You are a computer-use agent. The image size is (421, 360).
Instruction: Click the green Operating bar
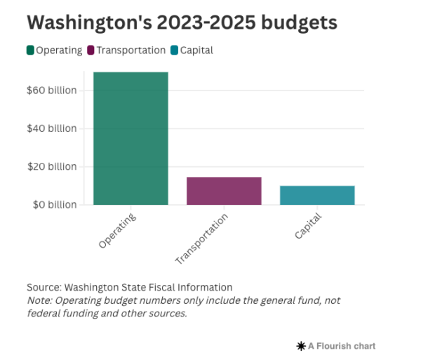[x=131, y=138]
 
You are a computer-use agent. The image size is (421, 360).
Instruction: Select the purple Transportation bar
[x=224, y=191]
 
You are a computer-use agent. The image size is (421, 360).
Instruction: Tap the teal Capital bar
[x=317, y=195]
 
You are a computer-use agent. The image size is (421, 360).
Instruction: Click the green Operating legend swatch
[x=30, y=50]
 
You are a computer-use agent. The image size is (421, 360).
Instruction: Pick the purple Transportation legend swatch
[x=91, y=50]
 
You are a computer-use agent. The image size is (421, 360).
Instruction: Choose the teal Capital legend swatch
[x=173, y=50]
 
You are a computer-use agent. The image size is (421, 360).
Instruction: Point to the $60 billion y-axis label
[x=53, y=91]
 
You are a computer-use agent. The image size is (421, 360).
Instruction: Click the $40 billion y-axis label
[x=53, y=128]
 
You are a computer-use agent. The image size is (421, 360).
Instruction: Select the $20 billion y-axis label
[x=53, y=166]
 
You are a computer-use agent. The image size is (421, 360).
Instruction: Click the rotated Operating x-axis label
[x=117, y=229]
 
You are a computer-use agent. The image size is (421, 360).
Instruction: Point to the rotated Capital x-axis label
[x=308, y=225]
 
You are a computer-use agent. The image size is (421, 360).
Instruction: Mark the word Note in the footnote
[x=39, y=300]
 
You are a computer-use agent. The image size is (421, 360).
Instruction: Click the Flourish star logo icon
[x=301, y=346]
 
